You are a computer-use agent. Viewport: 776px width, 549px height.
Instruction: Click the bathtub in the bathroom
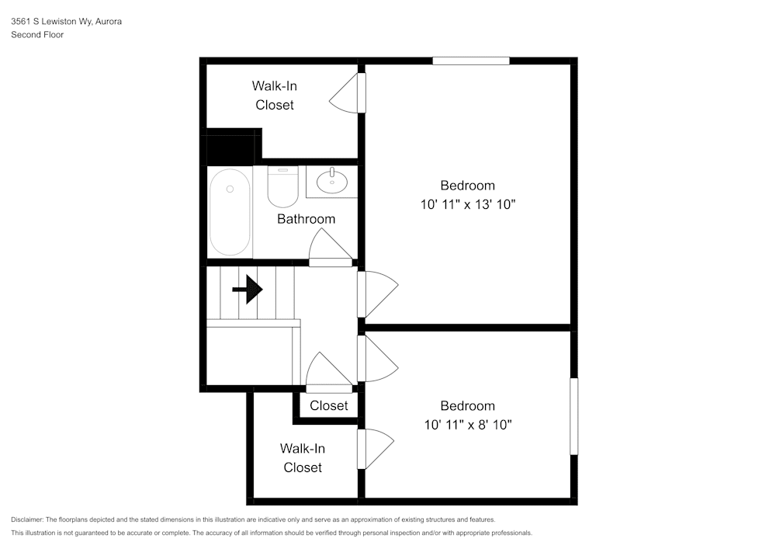pos(230,212)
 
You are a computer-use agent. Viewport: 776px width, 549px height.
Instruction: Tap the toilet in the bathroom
pos(282,186)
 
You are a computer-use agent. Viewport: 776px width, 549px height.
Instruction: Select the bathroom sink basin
pos(333,182)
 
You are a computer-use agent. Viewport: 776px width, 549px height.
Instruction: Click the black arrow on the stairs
pos(248,290)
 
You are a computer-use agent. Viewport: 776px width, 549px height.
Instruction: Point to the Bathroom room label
pos(306,219)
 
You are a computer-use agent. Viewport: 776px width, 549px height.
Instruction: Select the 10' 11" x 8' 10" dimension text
pos(467,425)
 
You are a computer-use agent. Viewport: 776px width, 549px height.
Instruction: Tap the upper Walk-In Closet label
pos(274,95)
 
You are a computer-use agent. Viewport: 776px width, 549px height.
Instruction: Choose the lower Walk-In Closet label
pos(303,458)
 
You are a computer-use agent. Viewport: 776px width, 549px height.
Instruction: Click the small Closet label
pos(329,405)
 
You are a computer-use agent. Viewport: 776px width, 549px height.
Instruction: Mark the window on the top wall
pos(471,61)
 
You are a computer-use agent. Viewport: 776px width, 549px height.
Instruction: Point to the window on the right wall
pos(574,416)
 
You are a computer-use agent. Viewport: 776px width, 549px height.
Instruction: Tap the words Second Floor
pos(37,35)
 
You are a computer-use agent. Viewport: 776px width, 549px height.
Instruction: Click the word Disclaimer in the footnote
pos(27,519)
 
